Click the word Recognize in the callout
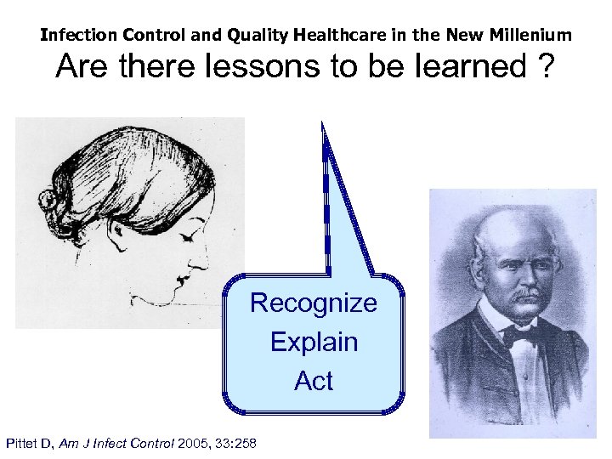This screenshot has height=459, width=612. tap(314, 303)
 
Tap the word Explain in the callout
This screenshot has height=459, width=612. tap(314, 343)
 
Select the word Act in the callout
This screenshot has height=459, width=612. tap(314, 382)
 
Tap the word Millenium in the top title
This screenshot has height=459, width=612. tap(534, 36)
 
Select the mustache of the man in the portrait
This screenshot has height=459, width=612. tap(520, 295)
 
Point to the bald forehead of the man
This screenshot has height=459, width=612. tap(512, 229)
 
